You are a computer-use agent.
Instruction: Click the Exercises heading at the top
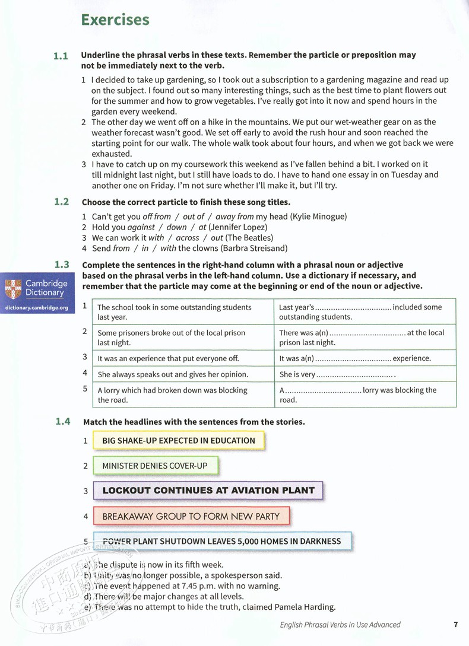pyautogui.click(x=115, y=20)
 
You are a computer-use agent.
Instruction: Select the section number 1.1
pyautogui.click(x=61, y=56)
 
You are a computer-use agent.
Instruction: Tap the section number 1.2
pyautogui.click(x=61, y=202)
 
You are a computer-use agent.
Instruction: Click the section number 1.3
pyautogui.click(x=61, y=265)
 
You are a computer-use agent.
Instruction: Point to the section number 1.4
pyautogui.click(x=62, y=422)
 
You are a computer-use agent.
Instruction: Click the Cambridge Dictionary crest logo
pyautogui.click(x=12, y=288)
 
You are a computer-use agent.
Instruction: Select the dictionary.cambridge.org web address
pyautogui.click(x=37, y=308)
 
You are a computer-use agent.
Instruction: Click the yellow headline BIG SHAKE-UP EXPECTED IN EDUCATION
pyautogui.click(x=178, y=441)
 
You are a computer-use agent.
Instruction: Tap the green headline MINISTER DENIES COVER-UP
pyautogui.click(x=155, y=466)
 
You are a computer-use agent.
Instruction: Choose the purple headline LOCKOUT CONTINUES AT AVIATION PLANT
pyautogui.click(x=208, y=491)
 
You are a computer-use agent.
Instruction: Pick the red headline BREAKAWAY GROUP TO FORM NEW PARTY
pyautogui.click(x=191, y=516)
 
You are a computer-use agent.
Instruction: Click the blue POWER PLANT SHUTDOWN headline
pyautogui.click(x=221, y=541)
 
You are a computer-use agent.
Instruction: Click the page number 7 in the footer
pyautogui.click(x=455, y=624)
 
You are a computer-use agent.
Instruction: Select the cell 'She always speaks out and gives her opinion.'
pyautogui.click(x=181, y=374)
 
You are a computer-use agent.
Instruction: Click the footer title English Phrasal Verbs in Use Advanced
pyautogui.click(x=340, y=624)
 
